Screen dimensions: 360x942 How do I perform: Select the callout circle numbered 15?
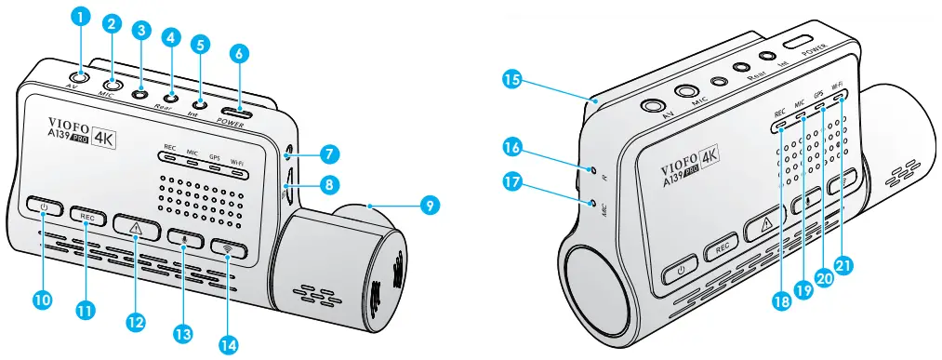pos(511,80)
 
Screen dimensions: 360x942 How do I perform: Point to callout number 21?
pos(843,266)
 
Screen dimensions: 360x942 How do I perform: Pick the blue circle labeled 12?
pos(137,321)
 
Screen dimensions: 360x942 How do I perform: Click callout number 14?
pos(228,343)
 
